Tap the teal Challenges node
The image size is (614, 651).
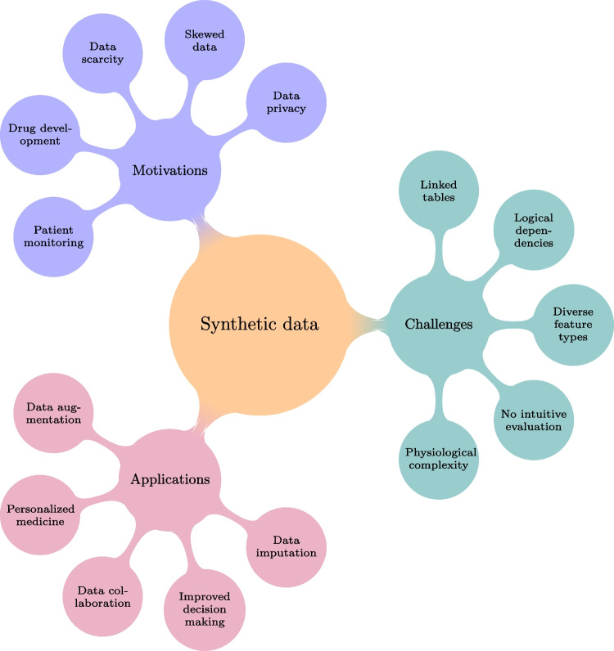coord(439,325)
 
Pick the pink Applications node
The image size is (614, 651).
coord(170,478)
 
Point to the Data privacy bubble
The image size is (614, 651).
coord(286,104)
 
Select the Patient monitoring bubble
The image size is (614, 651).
coord(52,237)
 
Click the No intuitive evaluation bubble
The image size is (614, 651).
coord(532,419)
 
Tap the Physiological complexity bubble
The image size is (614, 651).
coord(440,459)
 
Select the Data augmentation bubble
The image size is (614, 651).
coord(52,413)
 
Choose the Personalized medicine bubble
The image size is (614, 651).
coord(41,515)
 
